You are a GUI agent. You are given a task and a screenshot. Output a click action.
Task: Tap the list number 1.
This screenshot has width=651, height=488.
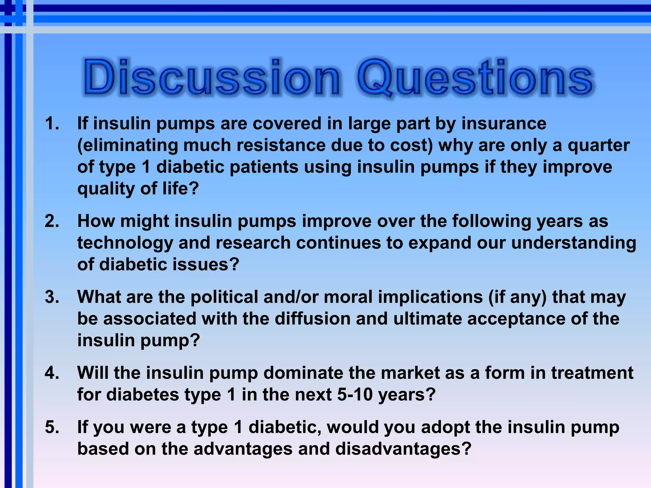(x=52, y=124)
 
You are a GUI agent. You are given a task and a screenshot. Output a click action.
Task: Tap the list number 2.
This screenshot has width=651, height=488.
(x=52, y=221)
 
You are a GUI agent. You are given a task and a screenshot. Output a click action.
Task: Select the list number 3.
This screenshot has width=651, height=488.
(x=52, y=297)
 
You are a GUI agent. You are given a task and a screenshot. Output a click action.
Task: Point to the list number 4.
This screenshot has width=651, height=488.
(x=52, y=373)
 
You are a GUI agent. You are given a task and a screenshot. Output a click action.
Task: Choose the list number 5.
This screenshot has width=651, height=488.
(x=52, y=427)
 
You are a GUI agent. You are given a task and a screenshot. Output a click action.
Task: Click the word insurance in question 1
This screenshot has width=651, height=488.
(x=504, y=124)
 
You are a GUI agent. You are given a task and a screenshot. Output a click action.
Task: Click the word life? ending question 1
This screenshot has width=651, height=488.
(x=181, y=189)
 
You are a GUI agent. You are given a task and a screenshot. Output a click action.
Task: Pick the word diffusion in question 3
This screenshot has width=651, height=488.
(x=312, y=319)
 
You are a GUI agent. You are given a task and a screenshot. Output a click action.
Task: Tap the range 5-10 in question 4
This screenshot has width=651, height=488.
(x=354, y=395)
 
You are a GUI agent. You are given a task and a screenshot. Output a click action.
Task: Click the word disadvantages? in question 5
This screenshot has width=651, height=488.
(x=403, y=449)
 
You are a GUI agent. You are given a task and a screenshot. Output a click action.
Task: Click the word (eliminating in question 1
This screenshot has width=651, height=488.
(x=127, y=146)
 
